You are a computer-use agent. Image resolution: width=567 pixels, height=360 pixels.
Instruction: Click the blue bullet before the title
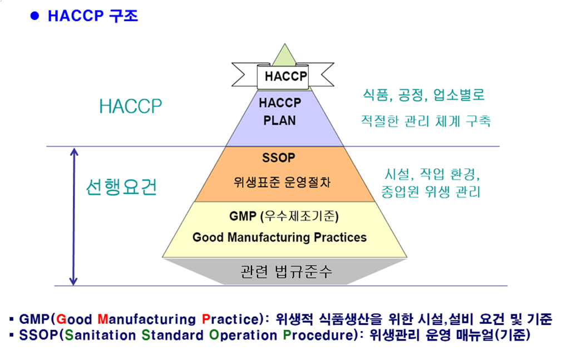click(34, 16)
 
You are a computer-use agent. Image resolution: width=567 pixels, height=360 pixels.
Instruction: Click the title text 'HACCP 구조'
click(93, 16)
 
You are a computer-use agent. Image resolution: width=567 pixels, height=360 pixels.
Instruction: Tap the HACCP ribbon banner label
click(285, 76)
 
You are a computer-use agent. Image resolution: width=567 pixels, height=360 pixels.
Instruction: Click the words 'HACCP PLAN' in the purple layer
click(280, 111)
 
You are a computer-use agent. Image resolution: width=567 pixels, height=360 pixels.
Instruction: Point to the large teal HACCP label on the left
click(131, 106)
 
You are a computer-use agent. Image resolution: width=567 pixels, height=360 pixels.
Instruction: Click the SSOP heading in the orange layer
click(278, 157)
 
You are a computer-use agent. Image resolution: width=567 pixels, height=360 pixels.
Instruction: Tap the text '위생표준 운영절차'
click(282, 182)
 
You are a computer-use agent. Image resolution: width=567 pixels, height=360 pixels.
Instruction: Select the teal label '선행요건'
click(121, 187)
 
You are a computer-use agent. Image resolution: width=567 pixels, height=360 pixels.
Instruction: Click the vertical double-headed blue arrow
click(74, 216)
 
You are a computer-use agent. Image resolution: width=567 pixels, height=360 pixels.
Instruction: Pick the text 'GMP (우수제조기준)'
click(284, 216)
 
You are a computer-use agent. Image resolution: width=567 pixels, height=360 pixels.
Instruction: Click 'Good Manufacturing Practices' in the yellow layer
click(279, 237)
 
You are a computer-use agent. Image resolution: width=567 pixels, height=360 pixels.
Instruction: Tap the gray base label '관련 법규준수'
click(286, 272)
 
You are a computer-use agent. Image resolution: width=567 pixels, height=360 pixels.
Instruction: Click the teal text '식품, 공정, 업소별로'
click(423, 95)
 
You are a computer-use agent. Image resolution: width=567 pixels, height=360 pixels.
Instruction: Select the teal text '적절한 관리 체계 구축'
click(426, 121)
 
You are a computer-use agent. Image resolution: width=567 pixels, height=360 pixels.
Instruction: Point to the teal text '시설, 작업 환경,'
click(432, 174)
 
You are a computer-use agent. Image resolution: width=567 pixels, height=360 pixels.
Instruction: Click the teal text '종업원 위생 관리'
click(431, 191)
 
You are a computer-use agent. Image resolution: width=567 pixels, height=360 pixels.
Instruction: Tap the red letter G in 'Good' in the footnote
click(61, 319)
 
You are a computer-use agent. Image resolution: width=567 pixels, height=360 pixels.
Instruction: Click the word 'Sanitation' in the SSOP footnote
click(100, 335)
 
